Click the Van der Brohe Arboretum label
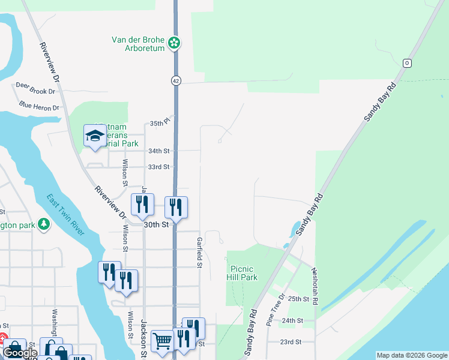138,44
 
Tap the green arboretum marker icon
174,43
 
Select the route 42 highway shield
175,80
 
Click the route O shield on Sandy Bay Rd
407,63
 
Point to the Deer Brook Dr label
35,85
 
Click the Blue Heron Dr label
40,106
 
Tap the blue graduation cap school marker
95,136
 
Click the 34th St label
159,151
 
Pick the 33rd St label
159,167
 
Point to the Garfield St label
199,252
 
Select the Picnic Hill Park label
242,273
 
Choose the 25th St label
298,298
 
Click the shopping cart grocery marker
162,341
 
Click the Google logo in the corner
20,353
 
